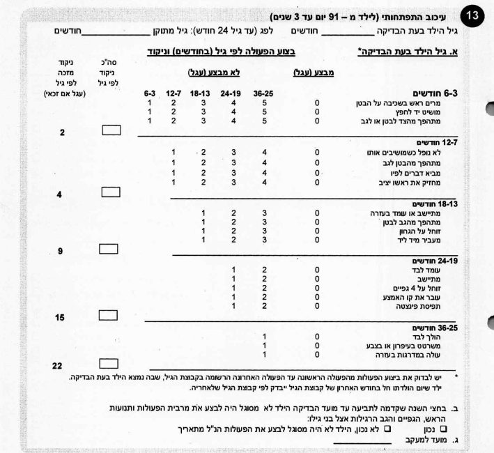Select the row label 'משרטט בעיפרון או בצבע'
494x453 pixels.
pos(406,345)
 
